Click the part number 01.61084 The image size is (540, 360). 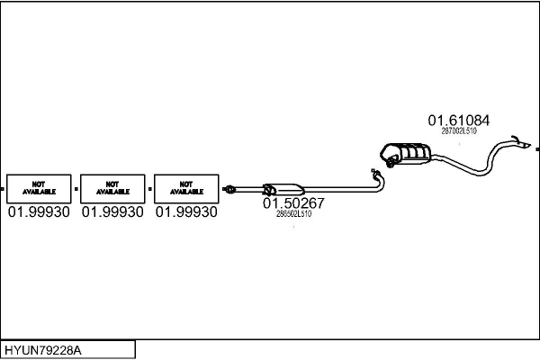point(458,120)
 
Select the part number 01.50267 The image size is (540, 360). point(293,203)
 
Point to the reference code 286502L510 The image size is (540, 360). point(293,214)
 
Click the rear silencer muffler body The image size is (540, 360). point(407,154)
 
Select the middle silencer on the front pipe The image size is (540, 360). point(283,188)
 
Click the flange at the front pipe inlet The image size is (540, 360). point(229,189)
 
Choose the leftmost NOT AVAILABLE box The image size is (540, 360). point(38,188)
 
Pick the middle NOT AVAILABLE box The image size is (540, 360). point(112,188)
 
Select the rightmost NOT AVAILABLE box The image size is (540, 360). point(185,188)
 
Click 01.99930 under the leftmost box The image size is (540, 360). point(38,212)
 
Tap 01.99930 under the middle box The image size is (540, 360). point(112,212)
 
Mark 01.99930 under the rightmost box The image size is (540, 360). point(185,212)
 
